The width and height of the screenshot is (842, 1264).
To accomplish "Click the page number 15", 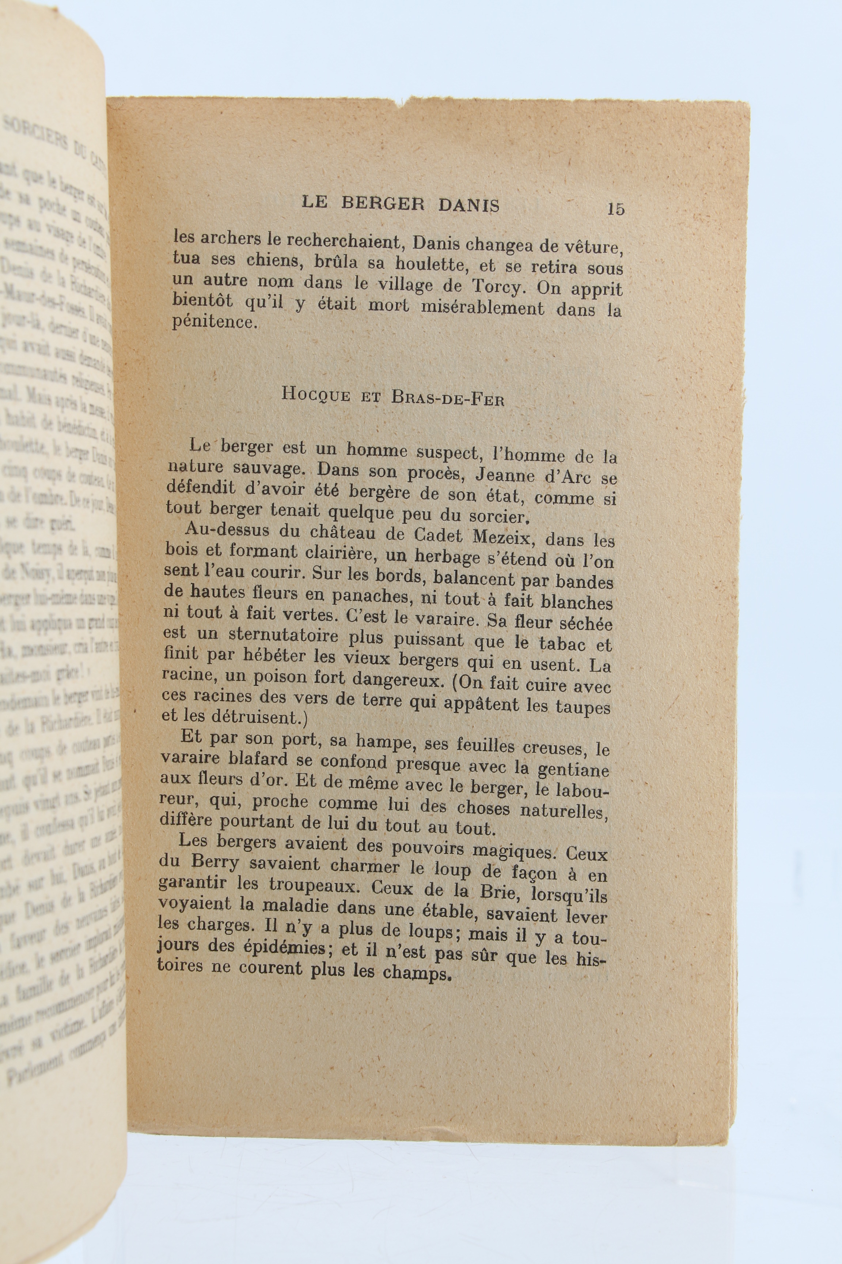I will pos(615,208).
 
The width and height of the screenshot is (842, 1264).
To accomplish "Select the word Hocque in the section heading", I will pos(316,395).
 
